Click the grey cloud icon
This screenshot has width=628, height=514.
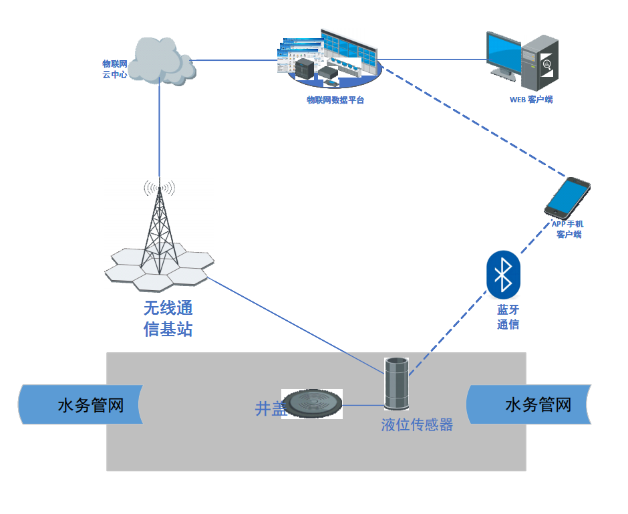tap(161, 61)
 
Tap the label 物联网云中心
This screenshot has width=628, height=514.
tap(114, 70)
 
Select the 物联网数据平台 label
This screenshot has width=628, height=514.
tap(335, 100)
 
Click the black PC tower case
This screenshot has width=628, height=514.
tap(539, 63)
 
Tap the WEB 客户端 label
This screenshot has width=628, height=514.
tap(531, 100)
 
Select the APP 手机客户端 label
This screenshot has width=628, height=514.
tap(568, 229)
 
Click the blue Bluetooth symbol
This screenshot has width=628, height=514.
tap(503, 274)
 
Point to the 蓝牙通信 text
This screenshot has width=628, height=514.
tap(508, 317)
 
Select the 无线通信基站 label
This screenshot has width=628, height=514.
tap(168, 319)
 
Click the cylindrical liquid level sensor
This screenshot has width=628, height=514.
tap(396, 383)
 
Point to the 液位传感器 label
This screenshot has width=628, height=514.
tap(417, 424)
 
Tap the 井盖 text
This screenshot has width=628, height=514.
tap(270, 408)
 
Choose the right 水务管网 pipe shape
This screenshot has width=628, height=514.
tap(528, 405)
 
